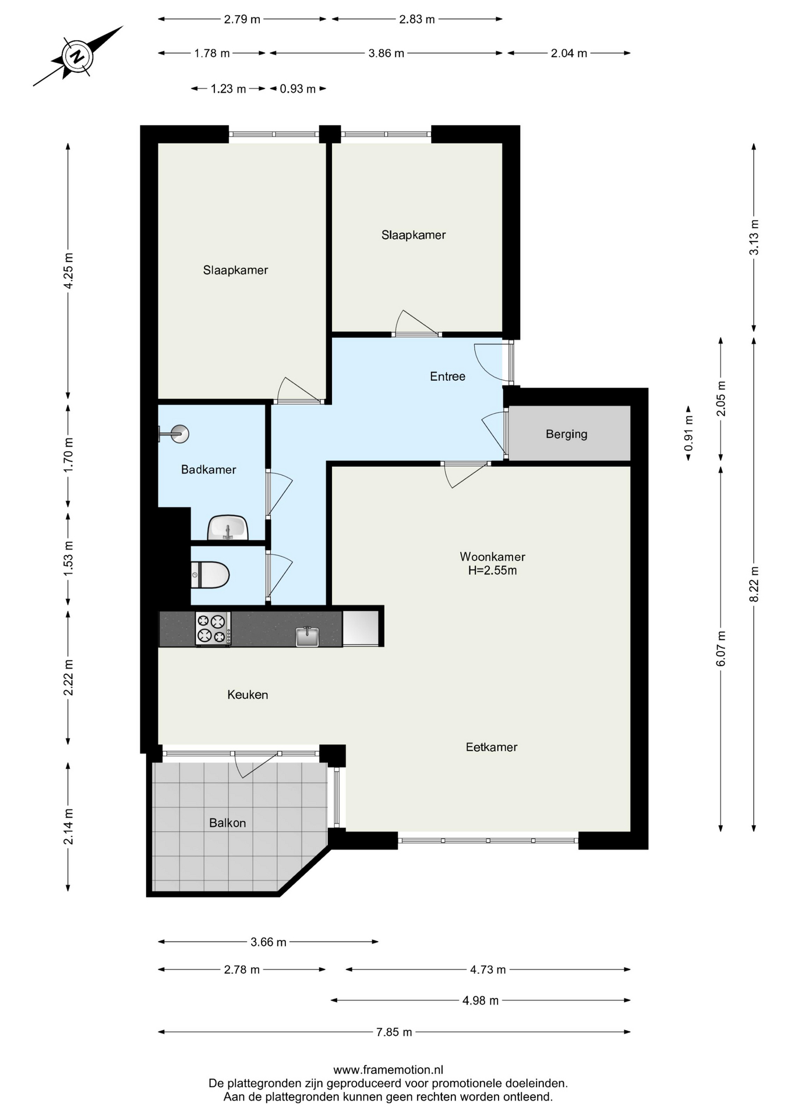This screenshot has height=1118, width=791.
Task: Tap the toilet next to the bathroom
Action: point(210,575)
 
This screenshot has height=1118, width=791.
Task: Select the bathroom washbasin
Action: point(228,528)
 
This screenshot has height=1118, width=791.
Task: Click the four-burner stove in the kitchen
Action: point(213,628)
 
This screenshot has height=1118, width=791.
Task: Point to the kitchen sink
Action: point(307,636)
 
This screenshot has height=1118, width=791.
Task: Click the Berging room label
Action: point(566,434)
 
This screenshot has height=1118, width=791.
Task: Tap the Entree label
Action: point(447,376)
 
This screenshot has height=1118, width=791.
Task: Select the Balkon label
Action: point(227,823)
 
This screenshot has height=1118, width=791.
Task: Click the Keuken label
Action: point(248,695)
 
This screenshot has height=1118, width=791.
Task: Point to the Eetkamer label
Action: point(492,747)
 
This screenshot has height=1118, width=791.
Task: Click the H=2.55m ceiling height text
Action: point(492,571)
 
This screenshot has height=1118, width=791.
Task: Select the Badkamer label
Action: point(209,469)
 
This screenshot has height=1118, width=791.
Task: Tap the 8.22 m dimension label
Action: point(754,584)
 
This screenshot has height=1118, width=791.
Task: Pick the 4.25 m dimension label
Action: point(68,270)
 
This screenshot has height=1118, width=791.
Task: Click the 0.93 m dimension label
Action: point(298,89)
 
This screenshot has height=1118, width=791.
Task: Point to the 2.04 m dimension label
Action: point(569,54)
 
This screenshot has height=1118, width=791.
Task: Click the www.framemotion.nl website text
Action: point(388,1070)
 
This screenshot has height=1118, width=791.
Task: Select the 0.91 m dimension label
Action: point(688,433)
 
